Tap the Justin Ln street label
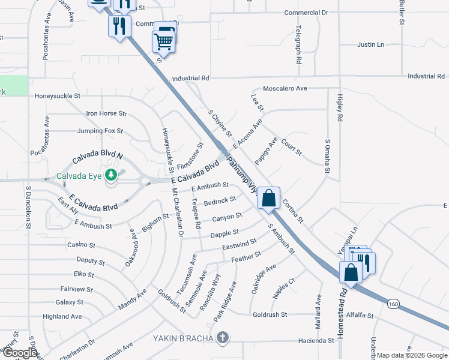click(370, 44)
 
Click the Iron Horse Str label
click(107, 113)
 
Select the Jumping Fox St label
click(100, 131)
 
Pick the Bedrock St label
click(220, 200)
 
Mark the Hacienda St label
click(316, 340)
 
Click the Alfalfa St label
click(360, 314)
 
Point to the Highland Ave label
click(62, 316)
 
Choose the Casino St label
click(81, 245)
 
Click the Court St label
click(291, 146)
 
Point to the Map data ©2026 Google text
click(411, 355)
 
